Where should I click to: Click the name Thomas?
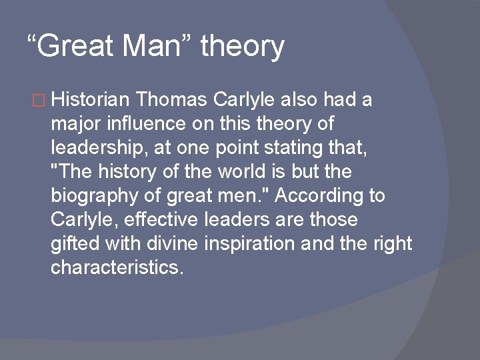(x=172, y=100)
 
